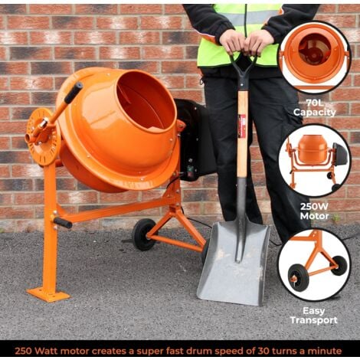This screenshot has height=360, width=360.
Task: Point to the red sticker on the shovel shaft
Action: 242,123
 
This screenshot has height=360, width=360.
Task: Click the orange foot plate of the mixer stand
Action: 47,294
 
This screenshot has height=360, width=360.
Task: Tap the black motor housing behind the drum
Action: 195,138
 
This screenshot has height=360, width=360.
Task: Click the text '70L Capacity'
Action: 314,106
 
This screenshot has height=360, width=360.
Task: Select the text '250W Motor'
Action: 314,211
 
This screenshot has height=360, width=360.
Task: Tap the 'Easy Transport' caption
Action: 314,316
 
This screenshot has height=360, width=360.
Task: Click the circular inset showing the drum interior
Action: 314,57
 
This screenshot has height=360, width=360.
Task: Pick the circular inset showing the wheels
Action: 314,264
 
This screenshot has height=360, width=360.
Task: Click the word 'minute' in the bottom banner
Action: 327,350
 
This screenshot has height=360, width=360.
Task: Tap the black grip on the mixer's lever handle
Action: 73,93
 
